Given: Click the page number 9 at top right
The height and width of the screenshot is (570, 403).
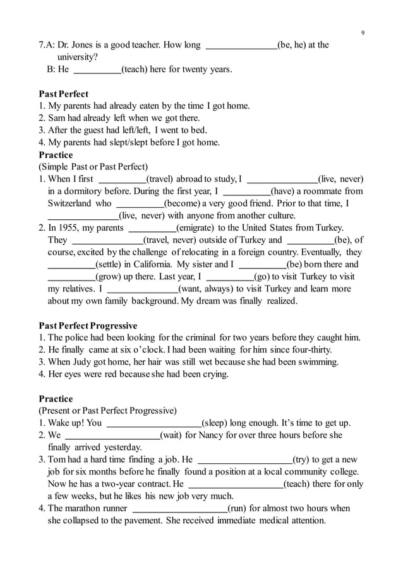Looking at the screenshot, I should pos(363,33).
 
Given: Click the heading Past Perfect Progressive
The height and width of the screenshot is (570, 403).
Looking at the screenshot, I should pos(88,326).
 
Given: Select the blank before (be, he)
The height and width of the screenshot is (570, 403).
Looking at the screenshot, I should pos(242,45).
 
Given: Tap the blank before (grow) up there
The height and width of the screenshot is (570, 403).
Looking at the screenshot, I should pos(71,277).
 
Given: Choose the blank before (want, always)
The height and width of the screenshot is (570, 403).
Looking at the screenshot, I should pos(143,289).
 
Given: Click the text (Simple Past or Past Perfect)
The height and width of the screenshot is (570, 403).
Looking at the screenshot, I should pos(93,167).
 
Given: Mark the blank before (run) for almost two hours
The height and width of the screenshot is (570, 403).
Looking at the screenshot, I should pos(179,509).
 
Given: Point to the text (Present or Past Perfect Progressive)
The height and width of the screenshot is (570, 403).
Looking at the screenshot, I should pos(107,411).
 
